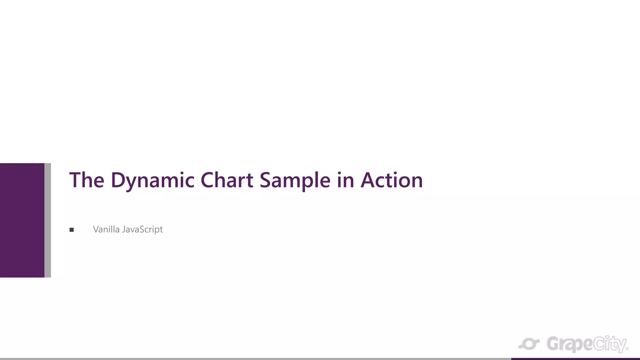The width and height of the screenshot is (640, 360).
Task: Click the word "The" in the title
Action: [87, 180]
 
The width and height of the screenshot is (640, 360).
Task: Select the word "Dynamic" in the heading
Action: [152, 181]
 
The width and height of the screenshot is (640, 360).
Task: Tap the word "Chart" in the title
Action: [227, 180]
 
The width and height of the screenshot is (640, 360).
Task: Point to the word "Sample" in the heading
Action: [295, 181]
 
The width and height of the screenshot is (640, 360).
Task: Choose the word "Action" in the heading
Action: [392, 180]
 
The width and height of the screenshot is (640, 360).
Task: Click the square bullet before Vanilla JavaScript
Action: [72, 230]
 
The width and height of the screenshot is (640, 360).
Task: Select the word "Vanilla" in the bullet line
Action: [106, 229]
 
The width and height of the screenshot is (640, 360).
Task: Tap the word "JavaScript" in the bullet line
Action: [142, 230]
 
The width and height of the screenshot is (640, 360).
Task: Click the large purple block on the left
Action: [22, 220]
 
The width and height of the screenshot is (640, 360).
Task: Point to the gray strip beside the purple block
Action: [47, 220]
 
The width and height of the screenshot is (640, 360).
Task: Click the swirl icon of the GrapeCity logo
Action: [529, 344]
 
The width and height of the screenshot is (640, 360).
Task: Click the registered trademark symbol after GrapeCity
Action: [627, 349]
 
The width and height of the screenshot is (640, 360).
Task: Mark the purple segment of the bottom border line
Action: [575, 359]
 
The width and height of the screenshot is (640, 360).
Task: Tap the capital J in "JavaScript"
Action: [124, 230]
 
